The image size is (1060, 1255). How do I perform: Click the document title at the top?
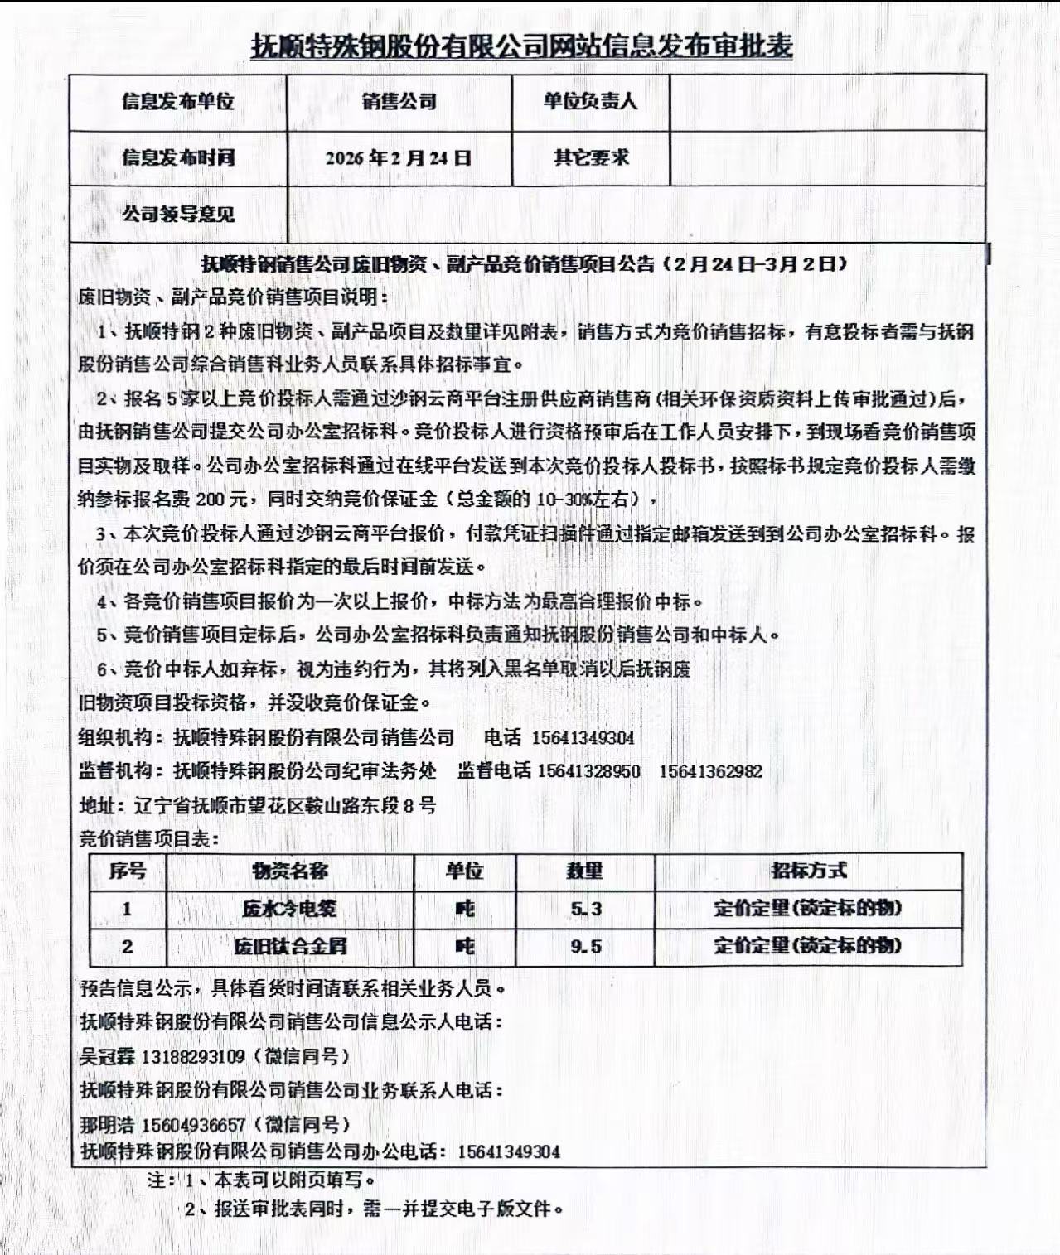(x=521, y=46)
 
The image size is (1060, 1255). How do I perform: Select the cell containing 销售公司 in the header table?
(x=399, y=102)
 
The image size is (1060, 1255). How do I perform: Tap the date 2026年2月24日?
(x=399, y=158)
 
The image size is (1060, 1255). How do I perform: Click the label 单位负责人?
(x=590, y=102)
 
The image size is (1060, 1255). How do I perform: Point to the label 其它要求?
(x=590, y=157)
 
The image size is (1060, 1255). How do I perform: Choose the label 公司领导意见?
(x=178, y=215)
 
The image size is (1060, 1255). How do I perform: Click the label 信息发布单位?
(x=178, y=102)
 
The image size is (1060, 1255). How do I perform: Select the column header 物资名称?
(x=290, y=871)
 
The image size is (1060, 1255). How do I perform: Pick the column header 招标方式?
(x=808, y=871)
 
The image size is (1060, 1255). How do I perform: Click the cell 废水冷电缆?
(x=290, y=909)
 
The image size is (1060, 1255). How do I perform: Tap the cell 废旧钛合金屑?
(x=290, y=946)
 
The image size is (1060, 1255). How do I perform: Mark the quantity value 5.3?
(x=585, y=909)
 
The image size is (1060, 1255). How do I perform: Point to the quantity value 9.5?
(x=585, y=946)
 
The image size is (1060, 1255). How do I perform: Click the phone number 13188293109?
(x=193, y=1057)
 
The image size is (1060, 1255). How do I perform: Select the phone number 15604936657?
(x=193, y=1125)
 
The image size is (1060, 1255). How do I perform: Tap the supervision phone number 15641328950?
(x=588, y=771)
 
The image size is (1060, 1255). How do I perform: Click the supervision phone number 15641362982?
(x=710, y=771)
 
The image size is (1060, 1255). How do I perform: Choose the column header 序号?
(x=127, y=871)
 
